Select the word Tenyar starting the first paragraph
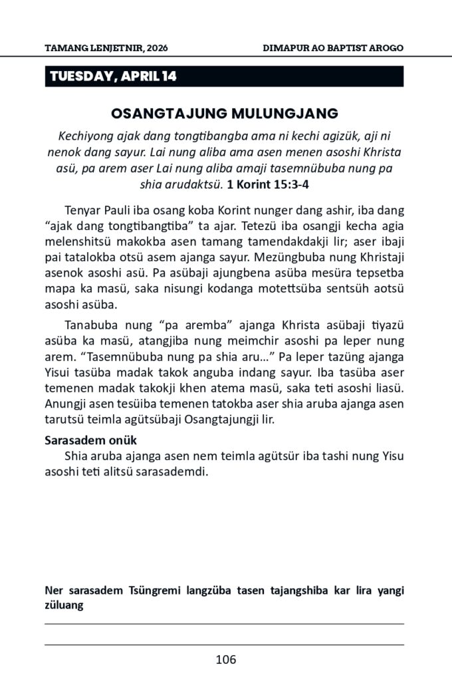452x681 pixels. tap(84, 209)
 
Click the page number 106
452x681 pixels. tap(225, 660)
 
